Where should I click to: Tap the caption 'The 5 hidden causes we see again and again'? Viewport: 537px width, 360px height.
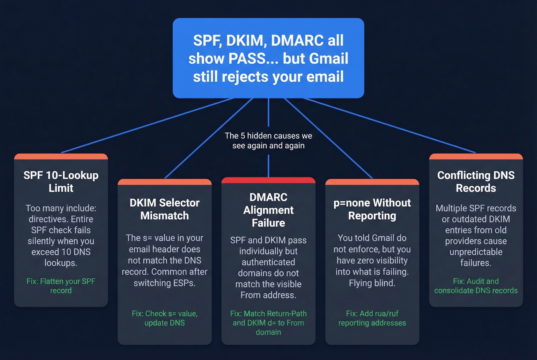click(268, 141)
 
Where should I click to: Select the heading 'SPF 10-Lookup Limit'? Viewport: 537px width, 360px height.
click(61, 182)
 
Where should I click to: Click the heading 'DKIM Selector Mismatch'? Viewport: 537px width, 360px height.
click(165, 209)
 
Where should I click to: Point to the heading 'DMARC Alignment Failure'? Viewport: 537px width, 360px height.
click(268, 210)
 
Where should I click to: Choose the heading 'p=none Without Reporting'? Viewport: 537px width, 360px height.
click(372, 209)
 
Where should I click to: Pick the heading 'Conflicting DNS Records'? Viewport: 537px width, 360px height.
click(476, 182)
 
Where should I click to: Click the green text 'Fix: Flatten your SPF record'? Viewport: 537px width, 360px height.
click(61, 286)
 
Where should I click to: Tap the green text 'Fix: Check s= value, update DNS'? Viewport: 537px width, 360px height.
click(165, 318)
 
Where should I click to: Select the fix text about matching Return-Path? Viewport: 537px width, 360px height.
click(268, 323)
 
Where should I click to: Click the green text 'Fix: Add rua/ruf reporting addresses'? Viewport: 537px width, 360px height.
click(372, 318)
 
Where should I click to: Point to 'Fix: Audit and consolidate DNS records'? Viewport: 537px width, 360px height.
click(476, 286)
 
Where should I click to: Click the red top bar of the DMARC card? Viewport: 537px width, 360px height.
click(268, 180)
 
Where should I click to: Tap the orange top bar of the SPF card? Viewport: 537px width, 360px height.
click(61, 156)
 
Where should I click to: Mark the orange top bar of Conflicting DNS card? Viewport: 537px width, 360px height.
click(476, 156)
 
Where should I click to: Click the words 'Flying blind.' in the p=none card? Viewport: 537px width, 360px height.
click(372, 283)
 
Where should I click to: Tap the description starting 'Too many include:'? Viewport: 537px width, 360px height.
click(61, 235)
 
